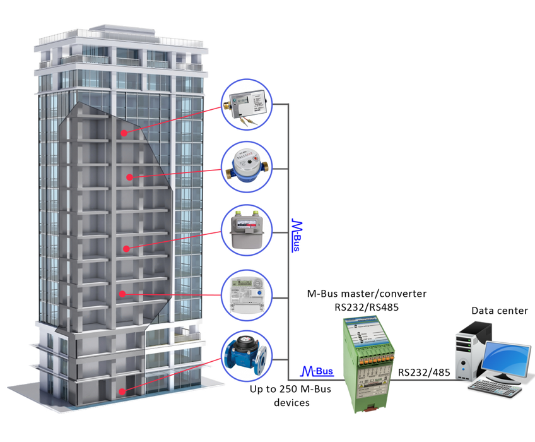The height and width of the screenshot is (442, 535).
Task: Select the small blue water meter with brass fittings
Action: click(x=247, y=167)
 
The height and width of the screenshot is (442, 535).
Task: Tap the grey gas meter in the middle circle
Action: click(x=247, y=230)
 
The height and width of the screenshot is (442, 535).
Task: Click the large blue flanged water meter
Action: click(x=247, y=358)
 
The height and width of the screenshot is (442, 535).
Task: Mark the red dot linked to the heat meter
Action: click(x=124, y=133)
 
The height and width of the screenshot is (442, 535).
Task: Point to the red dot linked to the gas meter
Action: click(x=126, y=248)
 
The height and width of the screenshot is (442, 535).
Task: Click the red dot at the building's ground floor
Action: click(x=124, y=392)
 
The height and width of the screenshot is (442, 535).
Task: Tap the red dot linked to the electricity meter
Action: click(x=123, y=293)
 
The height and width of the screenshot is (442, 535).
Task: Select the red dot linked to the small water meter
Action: click(x=129, y=177)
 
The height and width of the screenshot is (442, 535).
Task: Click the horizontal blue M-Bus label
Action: click(x=318, y=371)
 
